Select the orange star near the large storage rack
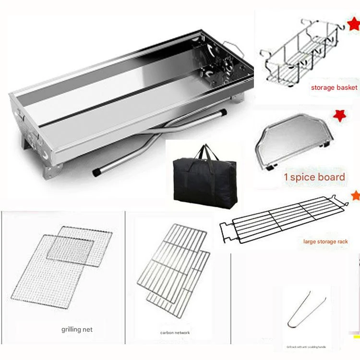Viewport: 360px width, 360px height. click(356, 196)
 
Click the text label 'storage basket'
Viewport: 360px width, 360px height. click(334, 87)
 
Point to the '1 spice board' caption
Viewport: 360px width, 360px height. click(314, 177)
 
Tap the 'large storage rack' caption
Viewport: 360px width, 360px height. click(326, 241)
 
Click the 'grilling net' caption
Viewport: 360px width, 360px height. click(77, 329)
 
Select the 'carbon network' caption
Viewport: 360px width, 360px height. click(175, 333)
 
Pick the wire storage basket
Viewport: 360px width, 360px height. click(300, 53)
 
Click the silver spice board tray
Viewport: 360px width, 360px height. click(293, 142)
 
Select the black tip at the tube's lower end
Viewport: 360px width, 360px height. click(97, 170)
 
